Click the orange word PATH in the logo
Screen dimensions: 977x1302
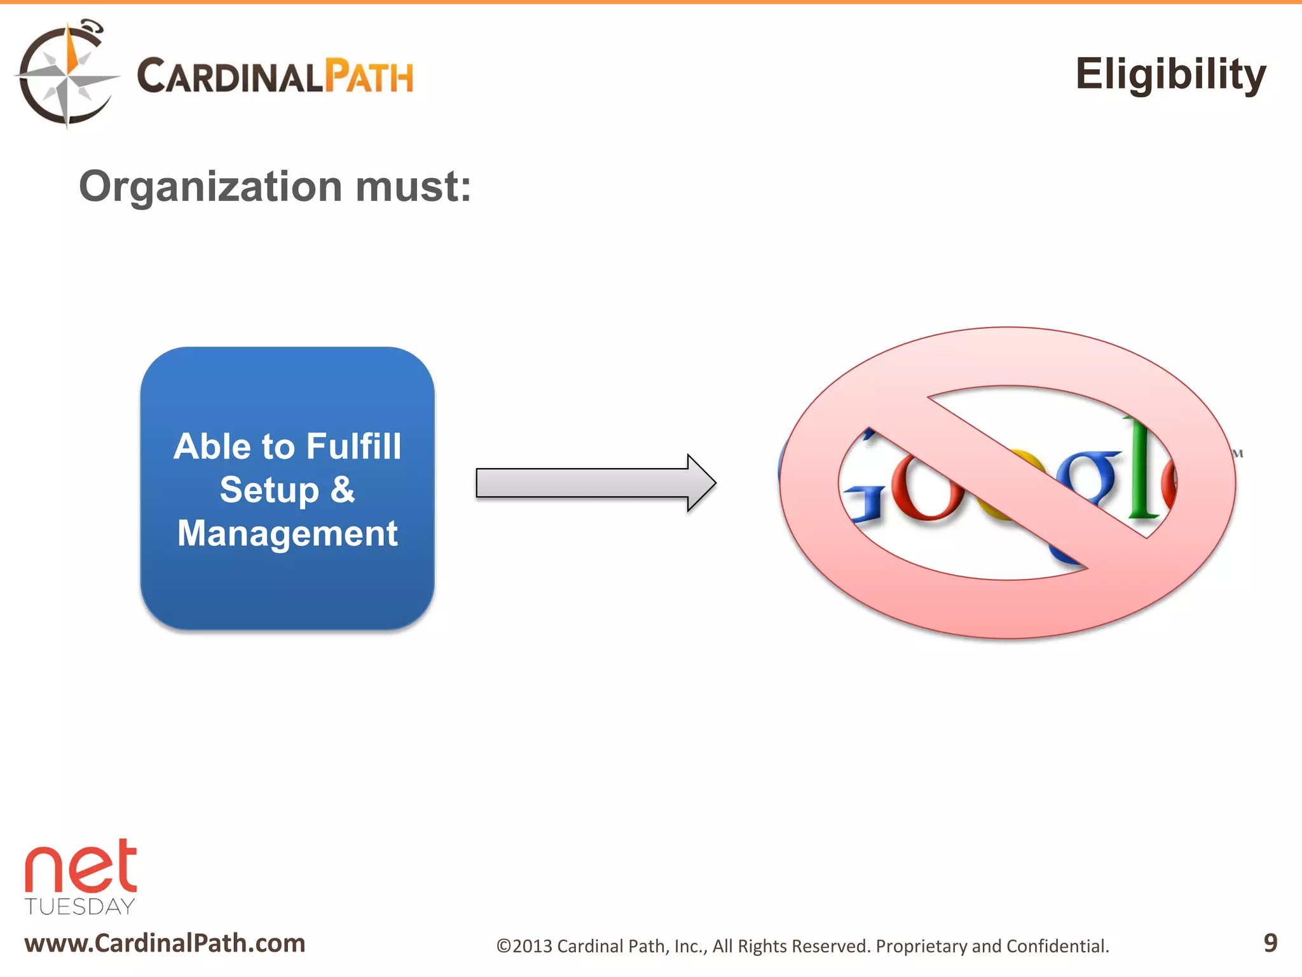point(369,77)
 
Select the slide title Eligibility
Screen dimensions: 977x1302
point(1170,74)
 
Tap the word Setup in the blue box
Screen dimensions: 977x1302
point(269,490)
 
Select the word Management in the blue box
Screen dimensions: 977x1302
point(287,533)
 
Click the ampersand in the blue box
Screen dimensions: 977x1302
point(342,490)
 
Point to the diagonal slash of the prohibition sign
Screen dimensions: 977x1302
point(1008,482)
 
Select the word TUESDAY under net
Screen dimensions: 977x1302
point(80,906)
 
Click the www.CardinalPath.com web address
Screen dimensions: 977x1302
point(165,943)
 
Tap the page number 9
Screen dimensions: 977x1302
point(1270,943)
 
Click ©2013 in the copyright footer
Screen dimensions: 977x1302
point(524,946)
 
